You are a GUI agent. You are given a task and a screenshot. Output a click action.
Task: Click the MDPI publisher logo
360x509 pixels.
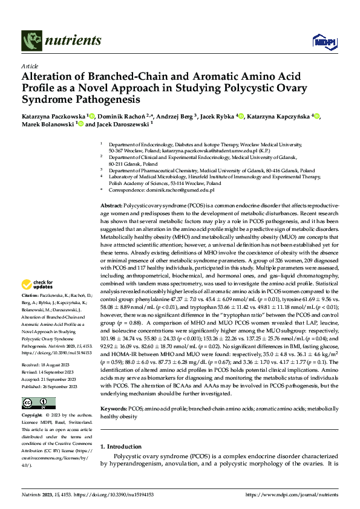(321, 41)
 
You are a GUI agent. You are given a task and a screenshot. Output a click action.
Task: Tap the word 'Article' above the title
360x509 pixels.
(30, 66)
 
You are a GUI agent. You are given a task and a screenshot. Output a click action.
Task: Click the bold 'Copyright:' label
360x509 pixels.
(32, 398)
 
